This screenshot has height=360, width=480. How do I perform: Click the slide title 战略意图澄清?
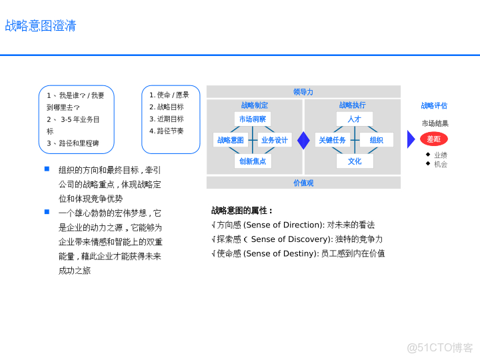(41, 26)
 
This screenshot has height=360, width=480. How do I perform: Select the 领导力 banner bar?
(303, 92)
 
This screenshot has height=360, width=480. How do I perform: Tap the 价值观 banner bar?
(303, 183)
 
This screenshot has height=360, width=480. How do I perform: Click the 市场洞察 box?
(253, 119)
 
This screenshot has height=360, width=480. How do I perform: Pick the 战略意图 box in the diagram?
(231, 140)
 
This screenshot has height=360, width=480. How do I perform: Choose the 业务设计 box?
(274, 140)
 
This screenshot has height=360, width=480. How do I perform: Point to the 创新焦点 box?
(253, 161)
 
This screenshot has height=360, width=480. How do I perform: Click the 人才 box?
(355, 119)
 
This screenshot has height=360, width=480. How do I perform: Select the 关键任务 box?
(332, 140)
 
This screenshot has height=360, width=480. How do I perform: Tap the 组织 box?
(377, 140)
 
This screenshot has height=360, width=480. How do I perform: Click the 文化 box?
(355, 161)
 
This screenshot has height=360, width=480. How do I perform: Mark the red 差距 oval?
(434, 139)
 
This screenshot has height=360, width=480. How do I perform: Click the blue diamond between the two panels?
(304, 140)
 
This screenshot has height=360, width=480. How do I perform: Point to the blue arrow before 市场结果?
(411, 139)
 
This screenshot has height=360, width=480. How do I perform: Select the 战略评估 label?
(434, 105)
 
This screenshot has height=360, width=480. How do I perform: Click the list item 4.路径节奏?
(167, 131)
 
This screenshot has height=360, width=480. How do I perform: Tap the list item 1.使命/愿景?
(169, 95)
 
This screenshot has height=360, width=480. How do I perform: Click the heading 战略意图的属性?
(242, 211)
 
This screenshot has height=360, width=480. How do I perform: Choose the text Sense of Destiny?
(280, 253)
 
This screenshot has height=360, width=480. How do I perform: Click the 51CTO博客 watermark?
(440, 347)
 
